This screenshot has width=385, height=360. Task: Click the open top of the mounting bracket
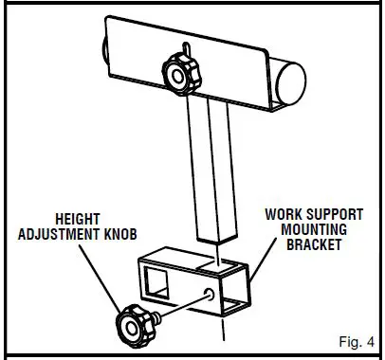pyautogui.click(x=204, y=256)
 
